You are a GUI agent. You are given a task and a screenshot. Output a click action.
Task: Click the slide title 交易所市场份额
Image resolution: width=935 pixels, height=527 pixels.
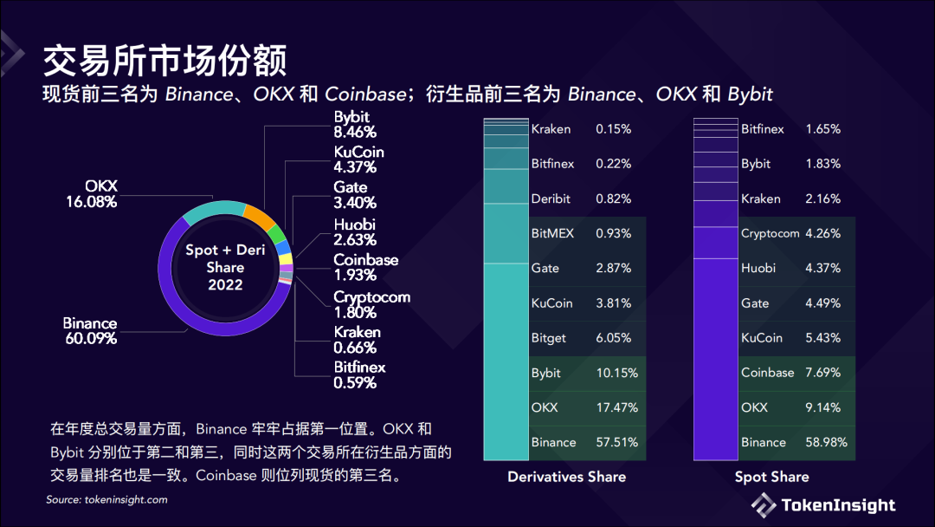[x=164, y=61]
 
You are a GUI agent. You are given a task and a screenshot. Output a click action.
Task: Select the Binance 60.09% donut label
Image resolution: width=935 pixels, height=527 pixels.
[x=91, y=330]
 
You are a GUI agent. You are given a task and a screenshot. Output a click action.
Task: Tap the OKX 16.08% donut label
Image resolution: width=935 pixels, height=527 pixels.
[x=92, y=194]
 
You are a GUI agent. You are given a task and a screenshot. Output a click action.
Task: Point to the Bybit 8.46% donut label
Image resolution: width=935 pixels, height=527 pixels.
[x=355, y=124]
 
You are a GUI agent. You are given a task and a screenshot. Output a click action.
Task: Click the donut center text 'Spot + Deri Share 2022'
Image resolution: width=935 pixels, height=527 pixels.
[x=225, y=267]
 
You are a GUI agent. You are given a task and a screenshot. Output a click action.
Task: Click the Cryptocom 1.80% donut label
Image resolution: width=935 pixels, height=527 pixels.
[x=371, y=304]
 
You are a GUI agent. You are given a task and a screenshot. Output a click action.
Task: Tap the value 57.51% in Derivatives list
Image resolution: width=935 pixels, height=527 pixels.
[x=617, y=442]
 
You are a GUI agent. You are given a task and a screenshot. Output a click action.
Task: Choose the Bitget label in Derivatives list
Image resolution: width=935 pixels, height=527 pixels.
[x=549, y=338]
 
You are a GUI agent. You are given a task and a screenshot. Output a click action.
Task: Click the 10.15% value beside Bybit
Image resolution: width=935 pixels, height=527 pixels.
[x=617, y=373]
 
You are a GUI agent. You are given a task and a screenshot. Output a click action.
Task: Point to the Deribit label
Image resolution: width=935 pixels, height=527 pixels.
[x=551, y=198]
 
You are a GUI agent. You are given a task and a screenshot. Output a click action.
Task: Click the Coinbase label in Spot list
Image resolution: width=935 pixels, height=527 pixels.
[x=768, y=373]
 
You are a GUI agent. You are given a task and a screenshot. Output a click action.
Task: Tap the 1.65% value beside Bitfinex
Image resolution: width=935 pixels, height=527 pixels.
[x=823, y=129]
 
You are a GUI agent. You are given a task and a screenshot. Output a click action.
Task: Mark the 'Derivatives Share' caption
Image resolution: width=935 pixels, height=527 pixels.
[x=566, y=477]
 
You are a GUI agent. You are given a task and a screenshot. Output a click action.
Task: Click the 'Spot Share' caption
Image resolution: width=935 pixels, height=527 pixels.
[x=771, y=477]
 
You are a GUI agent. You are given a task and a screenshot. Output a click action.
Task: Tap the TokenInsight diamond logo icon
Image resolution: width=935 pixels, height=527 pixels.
[x=764, y=505]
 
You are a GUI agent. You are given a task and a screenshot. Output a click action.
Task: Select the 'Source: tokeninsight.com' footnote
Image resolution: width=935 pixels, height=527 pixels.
[x=106, y=499]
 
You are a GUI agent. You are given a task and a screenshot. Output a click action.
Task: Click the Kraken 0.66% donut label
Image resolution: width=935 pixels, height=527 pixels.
[x=358, y=340]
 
